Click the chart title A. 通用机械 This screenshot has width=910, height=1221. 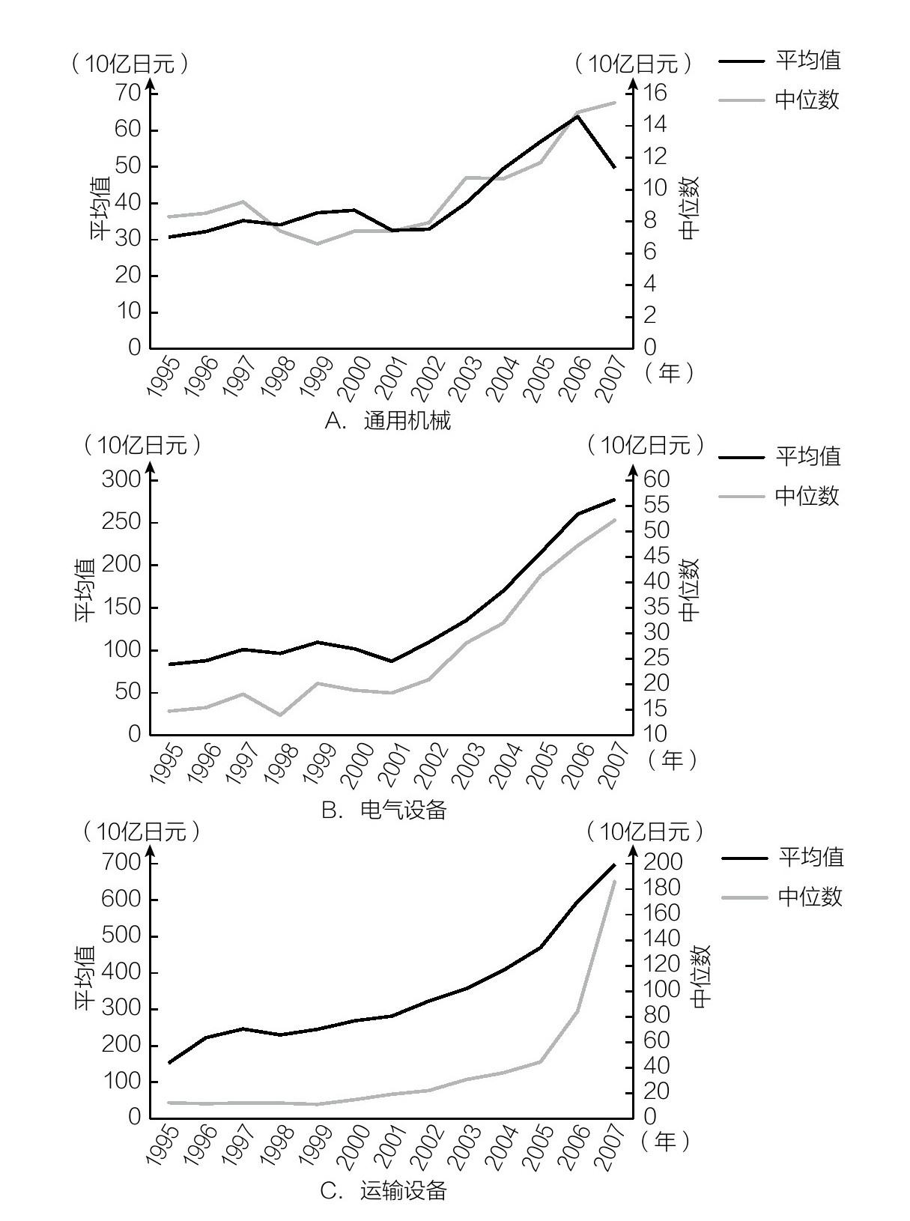click(x=388, y=421)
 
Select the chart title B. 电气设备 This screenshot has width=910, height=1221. click(x=384, y=809)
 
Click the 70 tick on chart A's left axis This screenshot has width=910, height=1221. click(x=124, y=93)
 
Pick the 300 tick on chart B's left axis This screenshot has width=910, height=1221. click(x=121, y=479)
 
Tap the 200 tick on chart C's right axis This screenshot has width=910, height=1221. click(x=663, y=862)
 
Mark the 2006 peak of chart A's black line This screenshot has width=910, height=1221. click(x=577, y=115)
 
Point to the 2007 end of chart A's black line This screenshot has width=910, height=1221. click(x=615, y=167)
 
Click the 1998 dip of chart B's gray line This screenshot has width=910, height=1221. click(x=280, y=715)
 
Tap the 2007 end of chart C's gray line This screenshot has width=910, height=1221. click(x=615, y=882)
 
